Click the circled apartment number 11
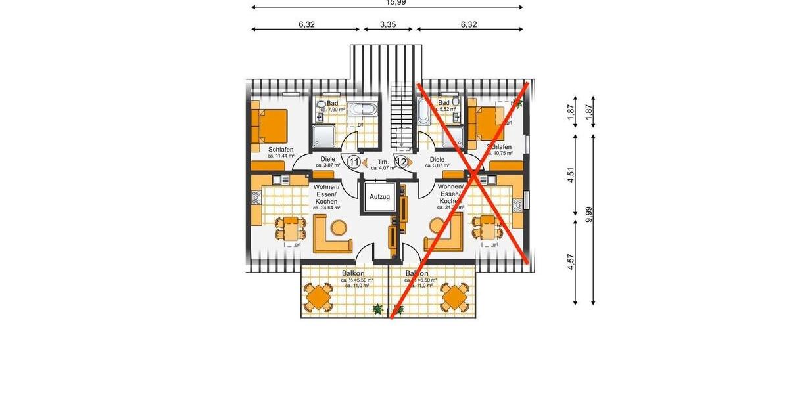(354, 162)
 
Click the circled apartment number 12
(400, 162)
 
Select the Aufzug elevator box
(379, 196)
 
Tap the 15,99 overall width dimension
(387, 3)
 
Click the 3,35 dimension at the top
(387, 24)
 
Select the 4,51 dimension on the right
(571, 175)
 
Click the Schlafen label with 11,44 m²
(281, 152)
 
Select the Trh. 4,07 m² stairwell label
(383, 164)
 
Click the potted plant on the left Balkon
(377, 308)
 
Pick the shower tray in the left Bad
(323, 137)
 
